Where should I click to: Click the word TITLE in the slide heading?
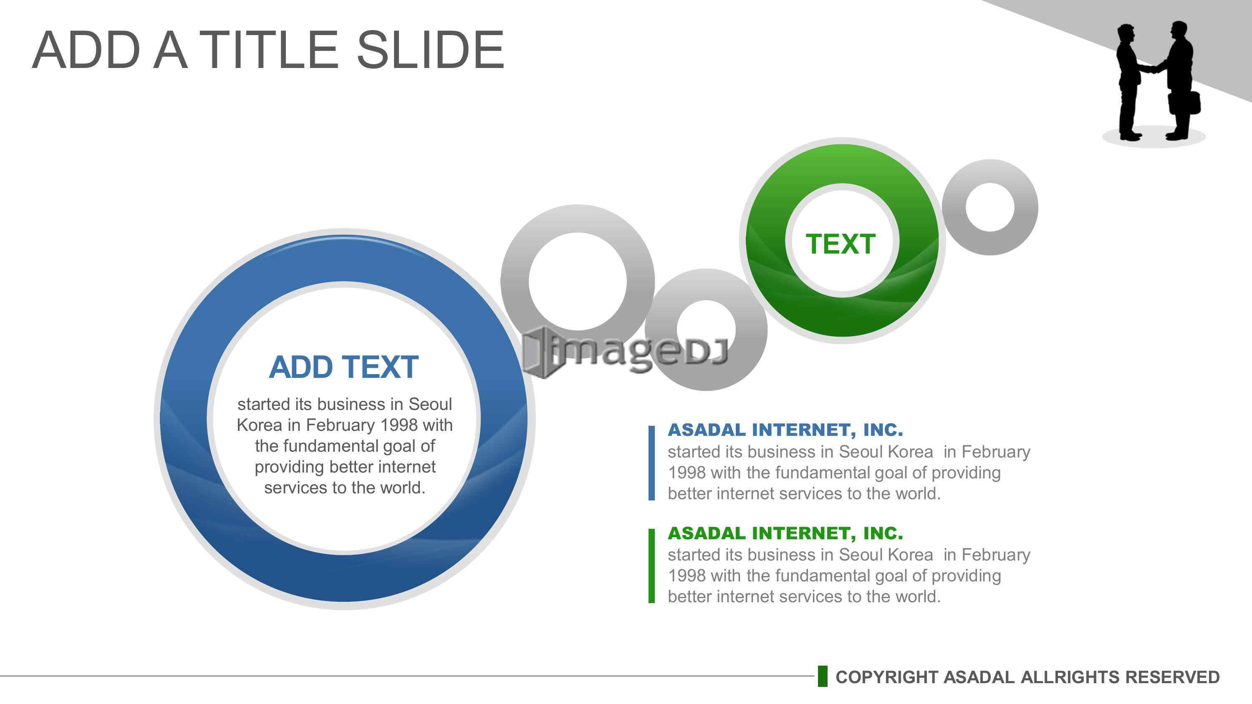point(269,50)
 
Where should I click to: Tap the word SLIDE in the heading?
point(430,50)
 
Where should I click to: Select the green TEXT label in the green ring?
point(841,244)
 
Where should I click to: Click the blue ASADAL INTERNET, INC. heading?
point(785,430)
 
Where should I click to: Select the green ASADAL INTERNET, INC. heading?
point(785,533)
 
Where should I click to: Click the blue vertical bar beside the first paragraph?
point(651,463)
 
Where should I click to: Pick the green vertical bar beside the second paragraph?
point(651,566)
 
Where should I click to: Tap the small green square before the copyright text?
point(822,676)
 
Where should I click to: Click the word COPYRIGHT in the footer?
point(886,677)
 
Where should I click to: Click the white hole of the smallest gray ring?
point(990,207)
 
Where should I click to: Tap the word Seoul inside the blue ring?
point(430,404)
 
